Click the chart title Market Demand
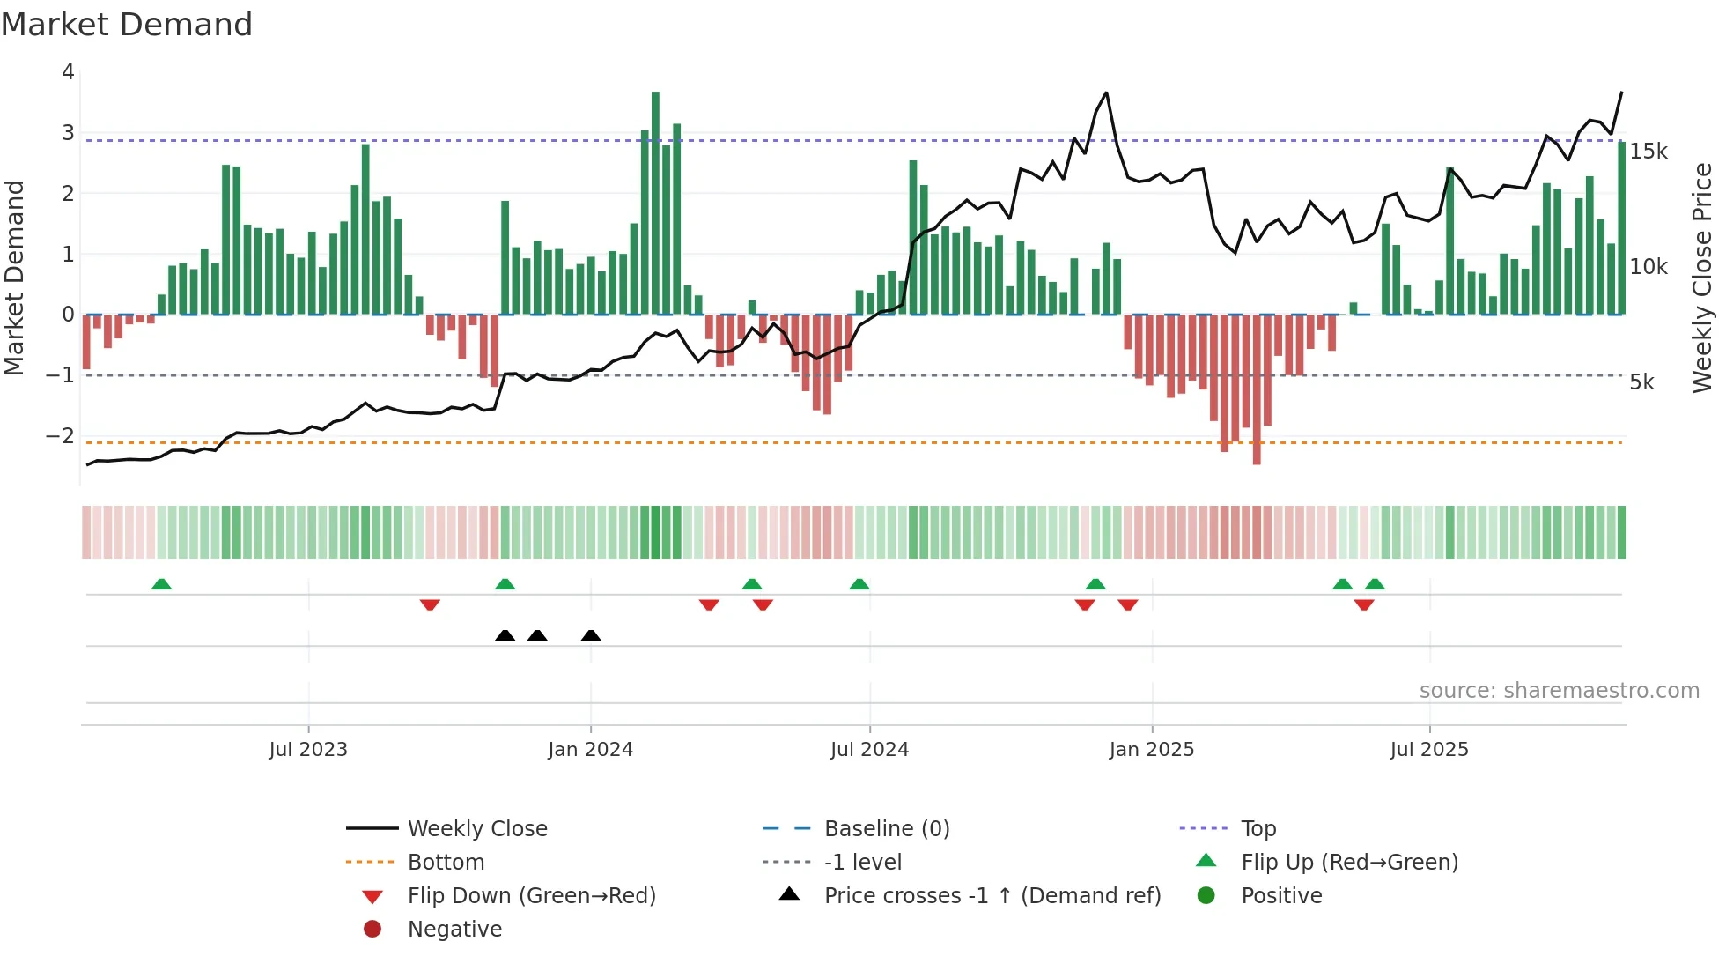[x=127, y=25]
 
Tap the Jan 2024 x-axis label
[x=590, y=750]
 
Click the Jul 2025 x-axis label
[x=1429, y=750]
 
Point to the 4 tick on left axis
[x=68, y=72]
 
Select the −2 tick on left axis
[x=60, y=435]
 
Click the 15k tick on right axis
[x=1648, y=152]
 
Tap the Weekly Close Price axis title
[x=1702, y=278]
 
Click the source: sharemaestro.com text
[x=1559, y=691]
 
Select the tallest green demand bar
[x=655, y=203]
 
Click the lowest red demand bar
[x=1257, y=388]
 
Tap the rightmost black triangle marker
[x=591, y=636]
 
